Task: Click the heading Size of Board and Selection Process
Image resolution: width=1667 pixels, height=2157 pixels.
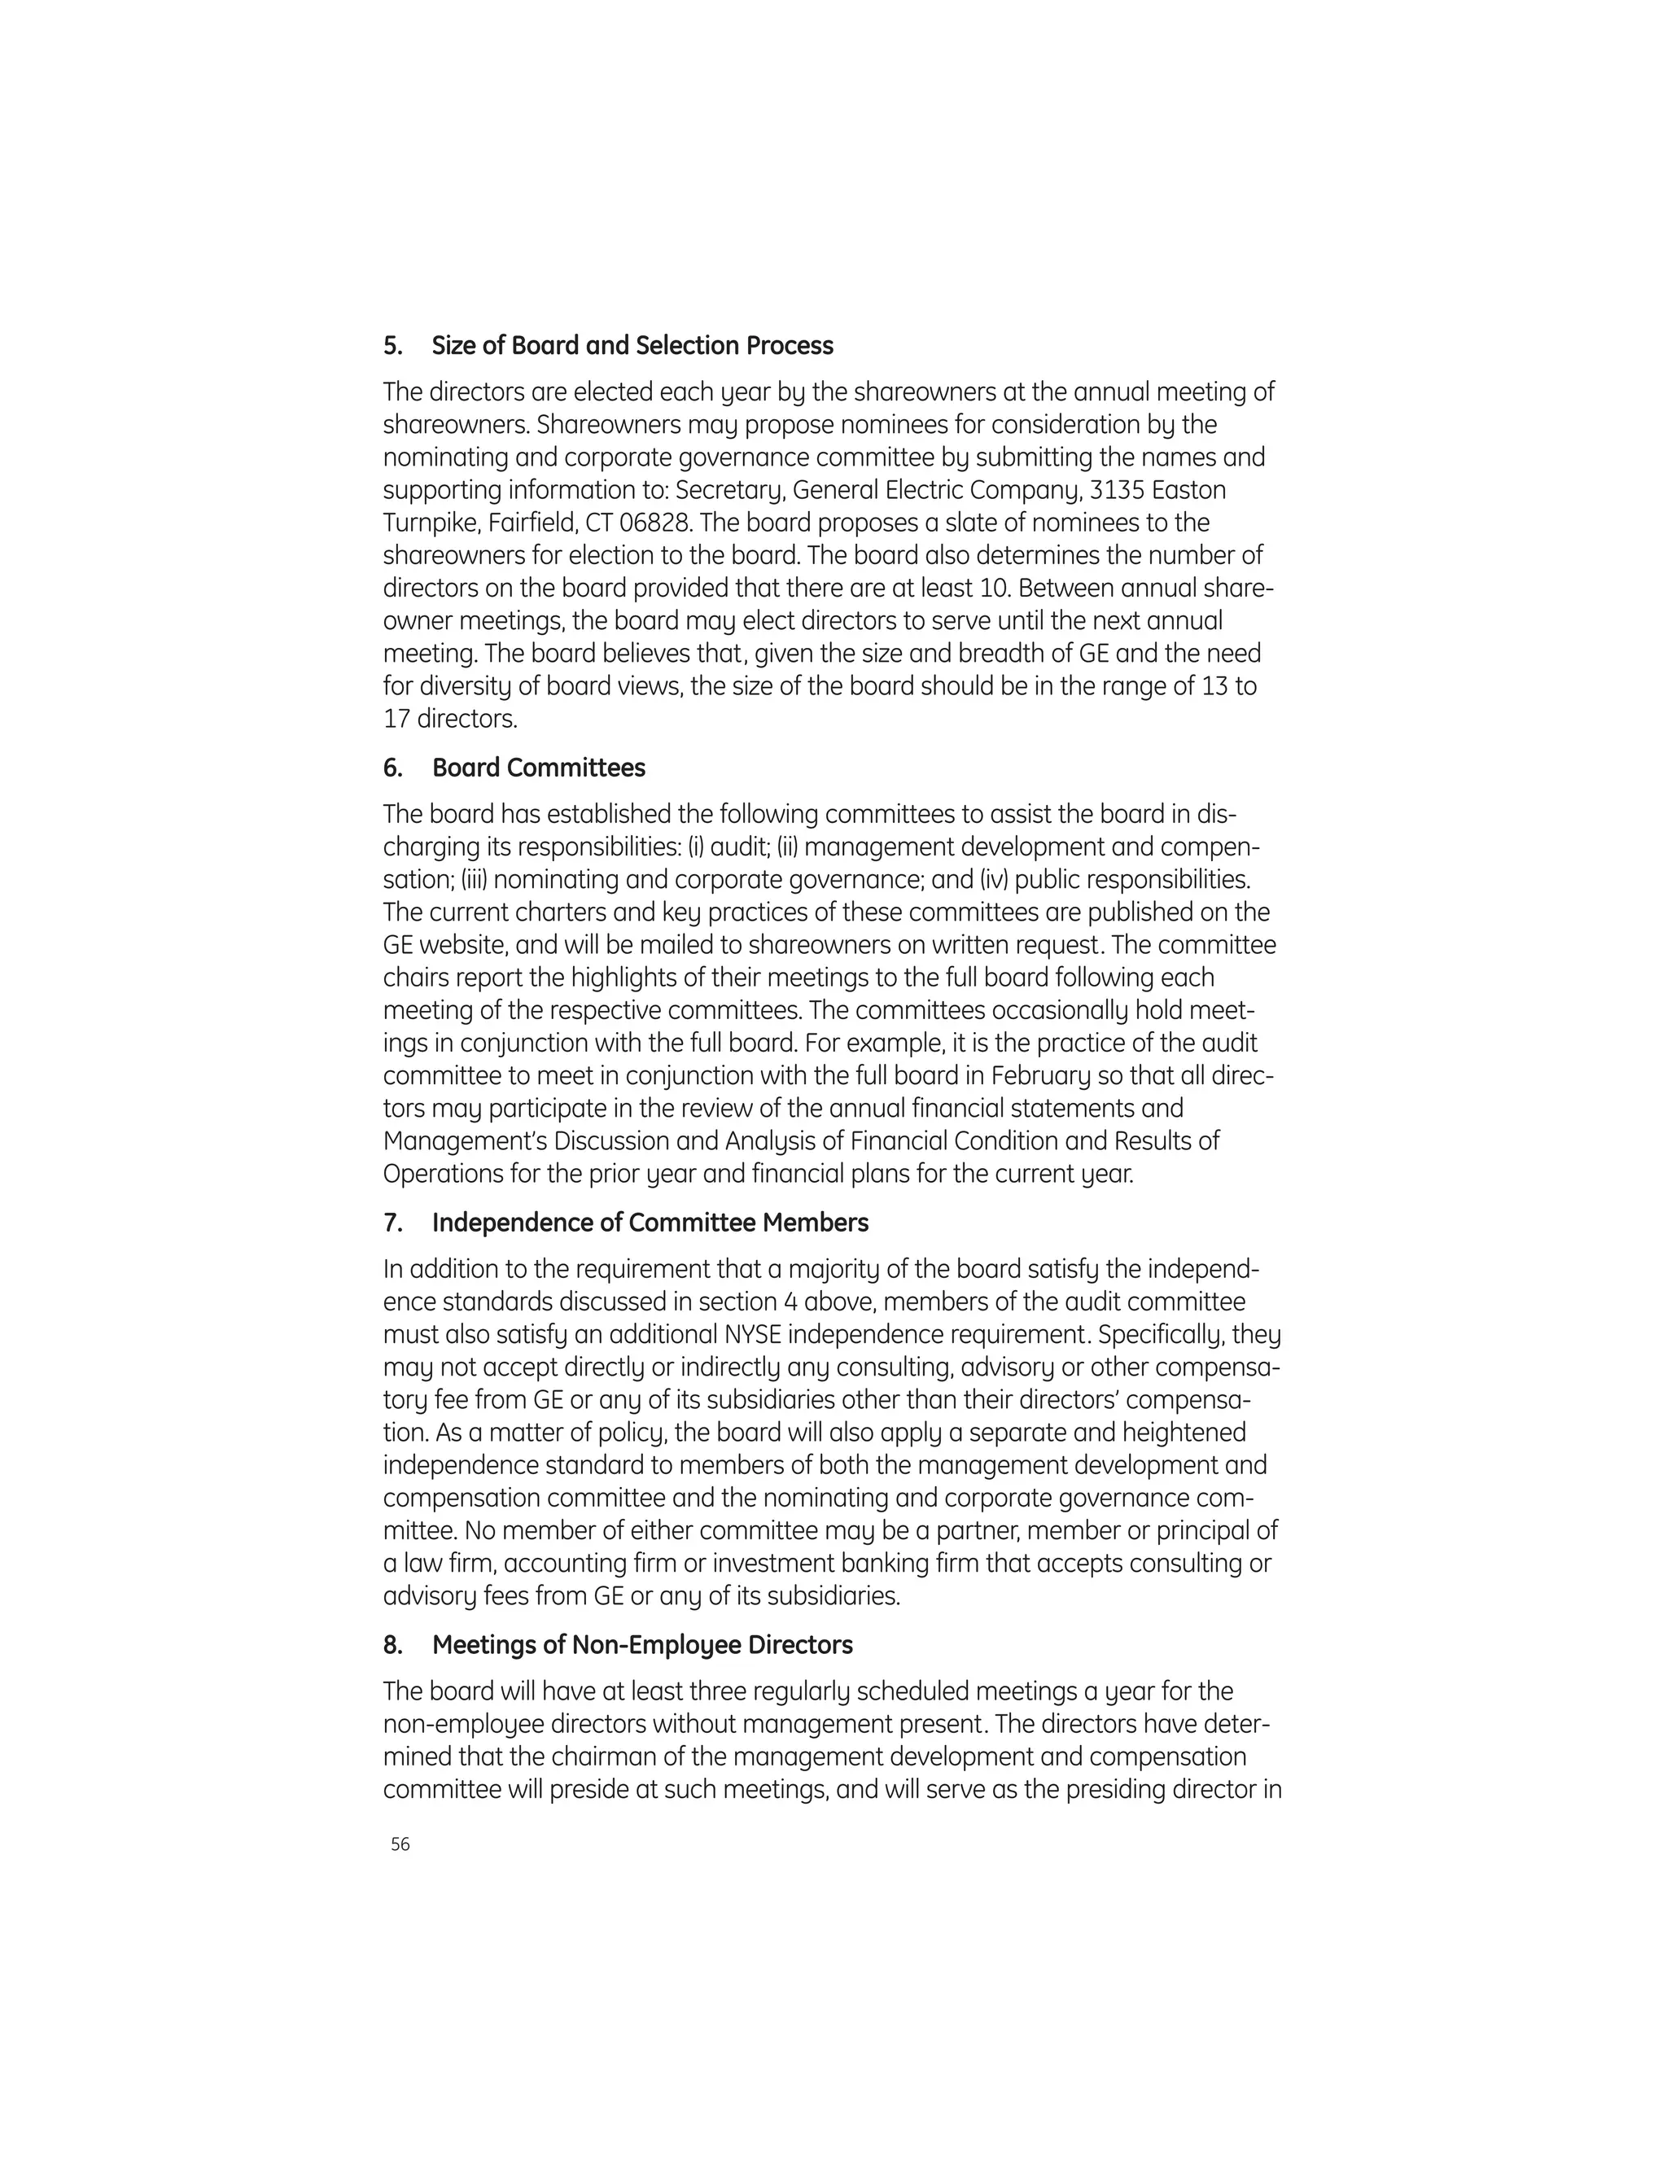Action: (x=632, y=346)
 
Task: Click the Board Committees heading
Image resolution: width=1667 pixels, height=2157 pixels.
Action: (x=538, y=768)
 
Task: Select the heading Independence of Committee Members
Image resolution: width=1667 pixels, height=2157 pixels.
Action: (x=650, y=1223)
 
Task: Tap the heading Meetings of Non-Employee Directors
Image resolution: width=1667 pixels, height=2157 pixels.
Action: (x=642, y=1644)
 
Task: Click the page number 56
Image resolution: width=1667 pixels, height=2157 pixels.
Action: (x=400, y=1844)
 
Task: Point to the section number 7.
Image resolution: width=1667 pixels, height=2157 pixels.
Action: (x=391, y=1223)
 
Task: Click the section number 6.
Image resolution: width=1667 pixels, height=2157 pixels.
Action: (x=391, y=768)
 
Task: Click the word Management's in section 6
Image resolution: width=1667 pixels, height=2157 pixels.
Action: (x=464, y=1140)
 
